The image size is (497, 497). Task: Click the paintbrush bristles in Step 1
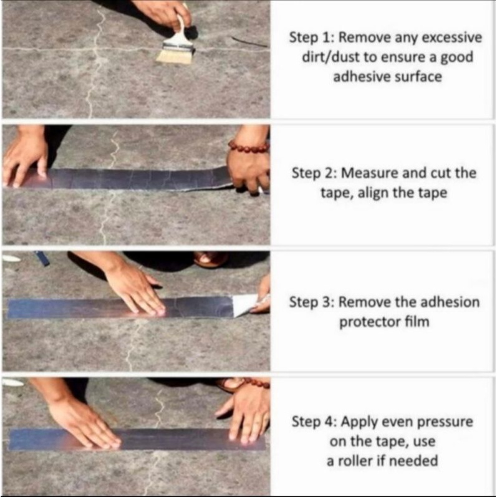tap(175, 55)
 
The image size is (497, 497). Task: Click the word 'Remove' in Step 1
tap(365, 37)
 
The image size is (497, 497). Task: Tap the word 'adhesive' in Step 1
tap(360, 77)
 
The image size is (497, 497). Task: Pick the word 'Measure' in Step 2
tap(369, 173)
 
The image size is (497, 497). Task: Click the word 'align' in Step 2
tap(372, 193)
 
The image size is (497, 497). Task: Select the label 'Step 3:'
tap(312, 302)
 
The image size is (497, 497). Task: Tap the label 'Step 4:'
tap(314, 422)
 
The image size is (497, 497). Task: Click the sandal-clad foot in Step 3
tap(210, 259)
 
